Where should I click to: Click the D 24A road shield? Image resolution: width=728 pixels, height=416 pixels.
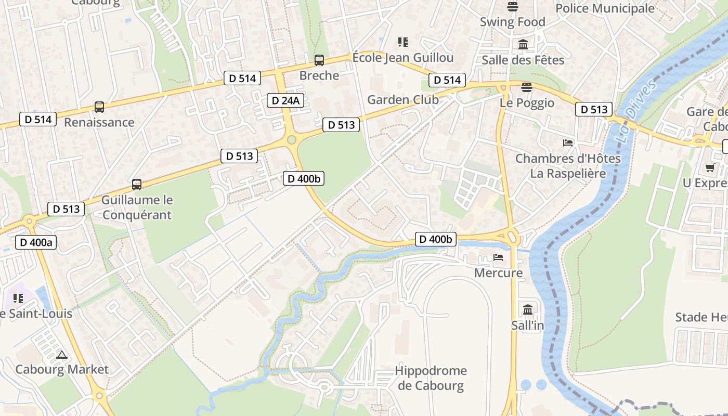tap(285, 100)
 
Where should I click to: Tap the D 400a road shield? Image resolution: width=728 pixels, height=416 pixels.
tap(36, 242)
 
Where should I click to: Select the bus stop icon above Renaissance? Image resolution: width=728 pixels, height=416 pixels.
tap(99, 107)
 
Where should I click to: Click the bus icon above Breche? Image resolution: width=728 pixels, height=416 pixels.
tap(319, 60)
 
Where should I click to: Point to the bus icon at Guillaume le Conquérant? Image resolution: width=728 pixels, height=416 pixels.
tap(137, 184)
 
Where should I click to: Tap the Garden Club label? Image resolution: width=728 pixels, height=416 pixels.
tap(403, 99)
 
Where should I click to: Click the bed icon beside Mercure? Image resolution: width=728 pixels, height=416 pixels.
tap(498, 257)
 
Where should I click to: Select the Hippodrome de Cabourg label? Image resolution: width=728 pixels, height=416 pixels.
tap(431, 378)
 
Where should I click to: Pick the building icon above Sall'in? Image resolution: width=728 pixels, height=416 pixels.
tap(528, 309)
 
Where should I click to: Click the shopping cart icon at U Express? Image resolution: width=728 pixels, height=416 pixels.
tap(710, 167)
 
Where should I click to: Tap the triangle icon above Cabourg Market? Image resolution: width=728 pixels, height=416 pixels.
tap(62, 355)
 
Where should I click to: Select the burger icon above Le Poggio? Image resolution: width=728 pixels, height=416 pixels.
tap(527, 87)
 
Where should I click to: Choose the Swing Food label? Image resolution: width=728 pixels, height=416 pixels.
tap(512, 22)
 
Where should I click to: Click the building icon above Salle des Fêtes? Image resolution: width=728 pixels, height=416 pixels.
tap(523, 45)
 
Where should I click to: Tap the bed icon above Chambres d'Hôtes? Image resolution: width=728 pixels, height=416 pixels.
tap(568, 142)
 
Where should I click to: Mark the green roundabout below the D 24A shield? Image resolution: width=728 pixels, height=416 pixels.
tap(291, 139)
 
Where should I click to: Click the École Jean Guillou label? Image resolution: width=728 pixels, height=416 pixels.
tap(403, 57)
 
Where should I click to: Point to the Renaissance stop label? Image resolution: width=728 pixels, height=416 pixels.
tap(99, 122)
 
